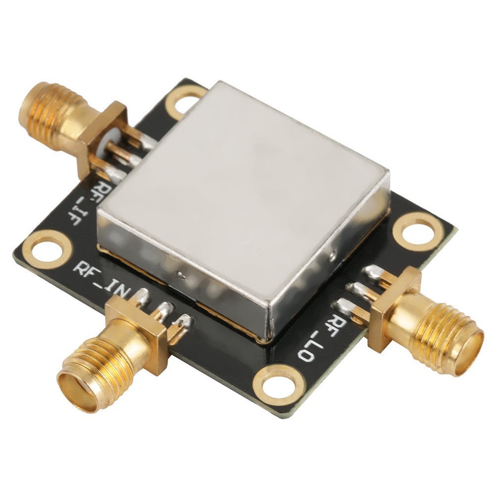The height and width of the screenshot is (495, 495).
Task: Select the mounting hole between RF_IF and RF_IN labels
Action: point(47,249)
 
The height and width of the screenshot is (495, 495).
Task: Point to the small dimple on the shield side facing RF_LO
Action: point(333,255)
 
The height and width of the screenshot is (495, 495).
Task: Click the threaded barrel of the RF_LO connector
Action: point(436,337)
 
